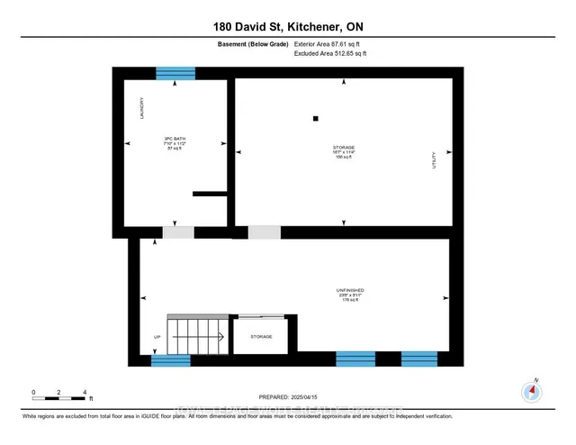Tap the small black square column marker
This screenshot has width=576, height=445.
coord(316,118)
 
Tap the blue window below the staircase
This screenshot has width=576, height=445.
coord(171,360)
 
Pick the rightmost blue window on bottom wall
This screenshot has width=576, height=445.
coord(418,359)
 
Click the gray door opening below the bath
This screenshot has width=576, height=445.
coord(178,232)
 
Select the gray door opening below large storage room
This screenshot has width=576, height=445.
coord(264,232)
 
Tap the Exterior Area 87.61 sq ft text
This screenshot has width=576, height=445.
coord(332,42)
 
